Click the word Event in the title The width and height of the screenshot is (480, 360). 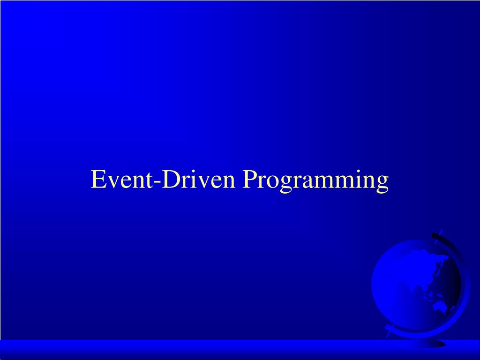(x=121, y=179)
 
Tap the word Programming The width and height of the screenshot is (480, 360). (x=315, y=181)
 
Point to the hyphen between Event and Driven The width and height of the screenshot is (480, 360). (x=157, y=182)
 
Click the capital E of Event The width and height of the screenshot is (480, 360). (x=98, y=179)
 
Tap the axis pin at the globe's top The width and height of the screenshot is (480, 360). (x=441, y=232)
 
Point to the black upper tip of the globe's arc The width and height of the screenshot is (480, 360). (x=435, y=235)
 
